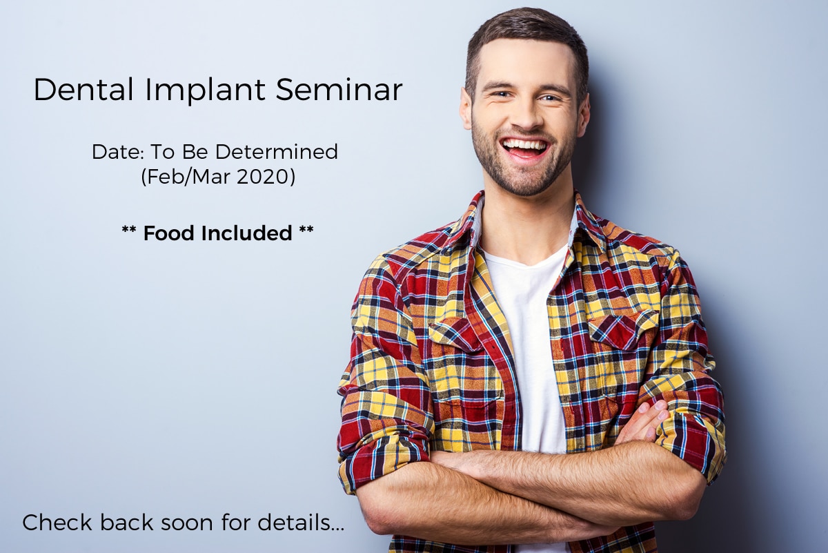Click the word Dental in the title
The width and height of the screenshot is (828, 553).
click(83, 90)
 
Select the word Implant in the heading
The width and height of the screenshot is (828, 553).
click(205, 91)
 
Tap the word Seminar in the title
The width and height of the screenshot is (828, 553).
click(339, 90)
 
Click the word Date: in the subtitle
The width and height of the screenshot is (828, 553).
click(117, 152)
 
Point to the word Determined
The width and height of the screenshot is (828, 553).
click(277, 152)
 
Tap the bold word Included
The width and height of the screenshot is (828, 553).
click(246, 233)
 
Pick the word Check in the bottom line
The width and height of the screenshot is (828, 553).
click(57, 523)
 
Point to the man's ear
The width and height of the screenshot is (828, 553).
click(466, 109)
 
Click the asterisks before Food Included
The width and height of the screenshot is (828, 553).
click(129, 230)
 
